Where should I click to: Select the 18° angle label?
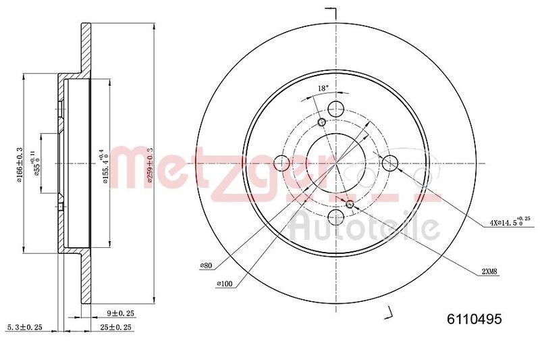tap(323, 88)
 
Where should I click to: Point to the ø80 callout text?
tap(207, 266)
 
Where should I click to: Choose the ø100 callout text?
tap(225, 283)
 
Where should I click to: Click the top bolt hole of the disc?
tap(335, 108)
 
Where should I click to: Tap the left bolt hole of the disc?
tap(282, 162)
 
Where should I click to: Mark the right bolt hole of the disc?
tap(389, 162)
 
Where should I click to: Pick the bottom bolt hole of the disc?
tap(335, 216)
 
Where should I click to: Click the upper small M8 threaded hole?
tap(321, 122)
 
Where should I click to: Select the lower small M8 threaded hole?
tap(350, 203)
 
